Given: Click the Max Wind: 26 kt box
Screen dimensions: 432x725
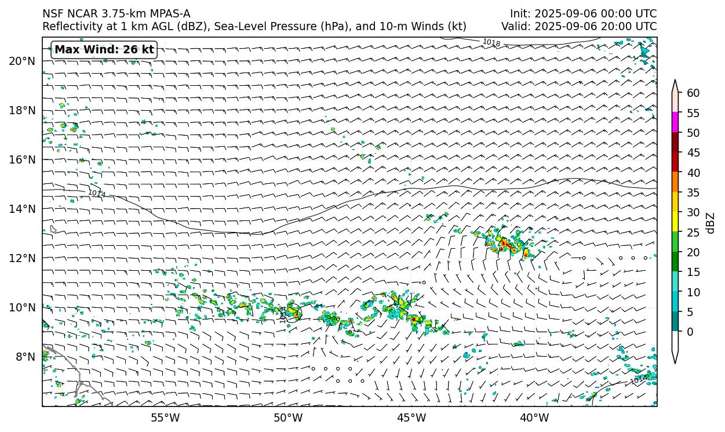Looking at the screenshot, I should click(104, 50).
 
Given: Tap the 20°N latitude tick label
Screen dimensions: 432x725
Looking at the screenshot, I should click(22, 61).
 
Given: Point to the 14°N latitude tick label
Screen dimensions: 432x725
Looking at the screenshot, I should click(22, 209).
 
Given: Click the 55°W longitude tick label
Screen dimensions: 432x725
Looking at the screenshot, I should click(165, 418).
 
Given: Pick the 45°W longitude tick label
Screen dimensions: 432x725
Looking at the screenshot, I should click(411, 418).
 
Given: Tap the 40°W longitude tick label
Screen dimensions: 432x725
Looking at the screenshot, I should click(534, 418).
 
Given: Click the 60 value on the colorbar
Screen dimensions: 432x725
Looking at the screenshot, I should click(693, 93).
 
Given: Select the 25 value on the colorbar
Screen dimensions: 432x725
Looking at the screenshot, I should click(693, 232).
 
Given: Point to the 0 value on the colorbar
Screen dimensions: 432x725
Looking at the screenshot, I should click(690, 332).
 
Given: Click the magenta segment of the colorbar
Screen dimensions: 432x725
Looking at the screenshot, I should click(675, 122).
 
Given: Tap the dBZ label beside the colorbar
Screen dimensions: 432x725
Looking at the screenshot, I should click(711, 223).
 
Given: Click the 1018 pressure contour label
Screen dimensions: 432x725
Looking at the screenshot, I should click(491, 43).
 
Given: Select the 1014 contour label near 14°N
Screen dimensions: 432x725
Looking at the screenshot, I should click(97, 193).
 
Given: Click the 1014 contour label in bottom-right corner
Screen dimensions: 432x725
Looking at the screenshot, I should click(639, 380).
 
